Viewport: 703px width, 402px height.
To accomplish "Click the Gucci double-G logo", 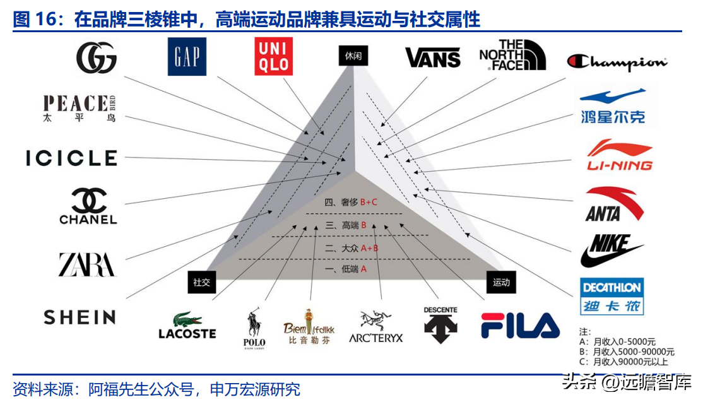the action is pos(97,58).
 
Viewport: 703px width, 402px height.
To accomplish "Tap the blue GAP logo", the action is pos(187,56).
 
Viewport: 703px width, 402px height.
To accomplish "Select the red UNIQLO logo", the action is pos(273,56).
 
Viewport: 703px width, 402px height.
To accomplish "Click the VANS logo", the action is pos(433,58).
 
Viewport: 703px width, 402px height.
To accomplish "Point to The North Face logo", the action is pos(512,55).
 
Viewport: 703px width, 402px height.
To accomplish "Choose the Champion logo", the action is pos(617,62).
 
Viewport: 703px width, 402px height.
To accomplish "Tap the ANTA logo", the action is pos(615,204).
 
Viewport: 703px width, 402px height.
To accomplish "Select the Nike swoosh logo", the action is pos(611,250).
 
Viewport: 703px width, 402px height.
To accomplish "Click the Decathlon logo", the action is pos(611,296).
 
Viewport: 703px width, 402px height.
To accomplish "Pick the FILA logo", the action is pos(520,326).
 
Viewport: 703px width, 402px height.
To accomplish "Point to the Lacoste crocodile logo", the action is pos(187,326).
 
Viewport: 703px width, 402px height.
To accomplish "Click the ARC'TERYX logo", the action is pos(375,326).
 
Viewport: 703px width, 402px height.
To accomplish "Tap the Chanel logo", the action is pos(88,206).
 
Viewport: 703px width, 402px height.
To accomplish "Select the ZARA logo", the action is pos(87,264).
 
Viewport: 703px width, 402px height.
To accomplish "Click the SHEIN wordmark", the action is pos(80,317).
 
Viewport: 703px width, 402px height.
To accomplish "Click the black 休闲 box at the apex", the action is pos(353,56).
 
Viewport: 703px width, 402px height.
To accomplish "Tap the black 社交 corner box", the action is pos(202,282).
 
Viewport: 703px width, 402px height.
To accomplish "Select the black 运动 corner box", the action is pos(501,282).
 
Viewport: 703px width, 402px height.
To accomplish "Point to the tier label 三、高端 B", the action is pos(346,225).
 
